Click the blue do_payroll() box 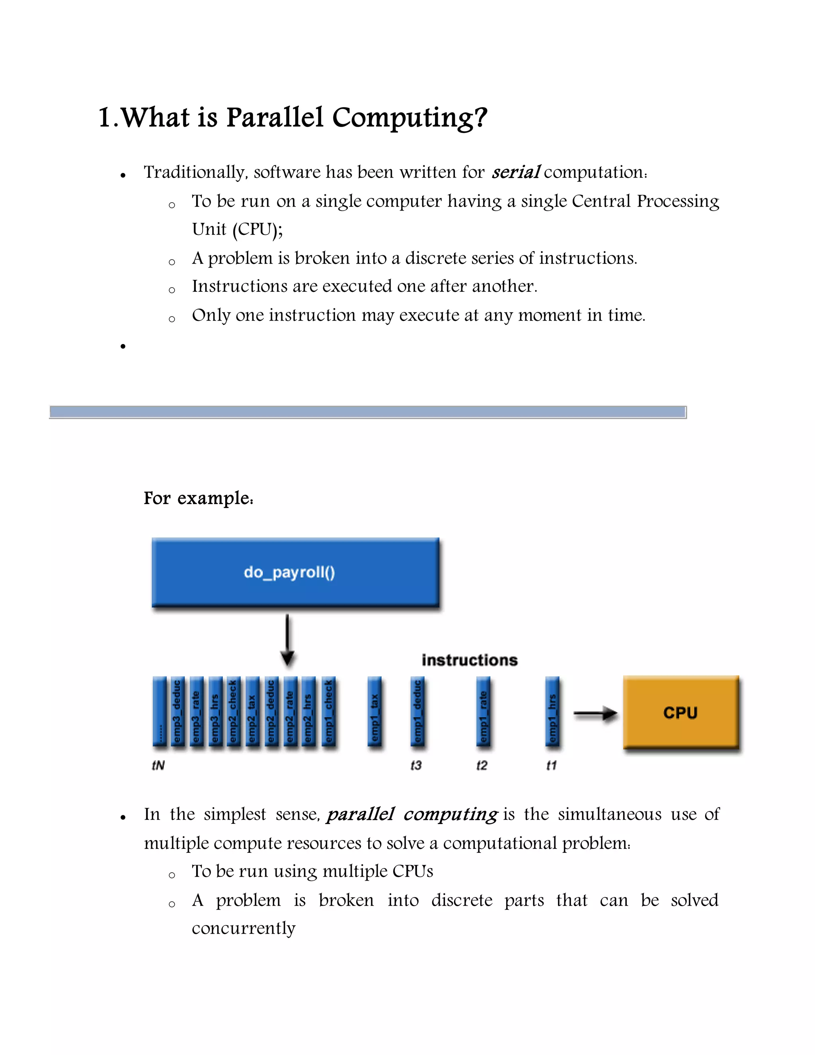coord(295,572)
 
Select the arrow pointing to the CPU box coord(595,713)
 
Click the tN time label coord(158,766)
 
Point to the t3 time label coord(416,766)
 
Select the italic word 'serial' coord(515,172)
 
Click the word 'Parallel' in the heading coord(274,117)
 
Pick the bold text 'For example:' coord(199,498)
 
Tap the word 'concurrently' coord(243,928)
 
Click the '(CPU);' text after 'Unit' coord(257,229)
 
